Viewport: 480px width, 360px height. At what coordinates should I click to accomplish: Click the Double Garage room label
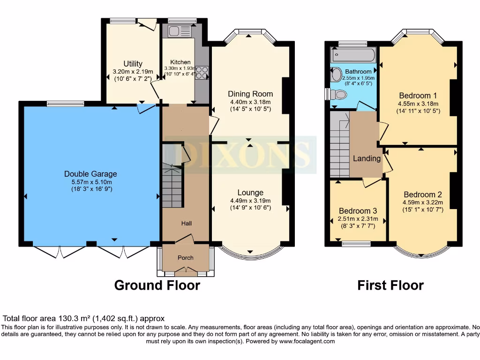tap(90, 174)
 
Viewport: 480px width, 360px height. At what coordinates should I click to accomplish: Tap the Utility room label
tap(133, 64)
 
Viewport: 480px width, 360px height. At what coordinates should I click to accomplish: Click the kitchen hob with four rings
tap(202, 73)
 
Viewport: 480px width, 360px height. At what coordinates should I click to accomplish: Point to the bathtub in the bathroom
tap(353, 55)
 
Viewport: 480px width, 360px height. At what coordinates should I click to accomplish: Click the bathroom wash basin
tap(337, 75)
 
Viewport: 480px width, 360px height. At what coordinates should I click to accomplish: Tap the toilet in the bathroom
tap(339, 95)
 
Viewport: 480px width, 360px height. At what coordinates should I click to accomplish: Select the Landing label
tap(367, 158)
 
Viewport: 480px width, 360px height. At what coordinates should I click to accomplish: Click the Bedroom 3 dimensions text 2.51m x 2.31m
tap(358, 219)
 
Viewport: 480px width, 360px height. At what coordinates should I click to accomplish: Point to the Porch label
tap(185, 258)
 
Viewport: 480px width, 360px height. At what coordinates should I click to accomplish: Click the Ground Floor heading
tap(157, 285)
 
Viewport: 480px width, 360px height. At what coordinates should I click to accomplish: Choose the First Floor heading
tap(390, 285)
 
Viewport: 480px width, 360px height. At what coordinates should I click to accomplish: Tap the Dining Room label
tap(250, 94)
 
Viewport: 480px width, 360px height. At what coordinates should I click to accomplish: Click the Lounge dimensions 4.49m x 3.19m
tap(250, 200)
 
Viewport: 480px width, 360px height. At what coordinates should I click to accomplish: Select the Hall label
tap(187, 224)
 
